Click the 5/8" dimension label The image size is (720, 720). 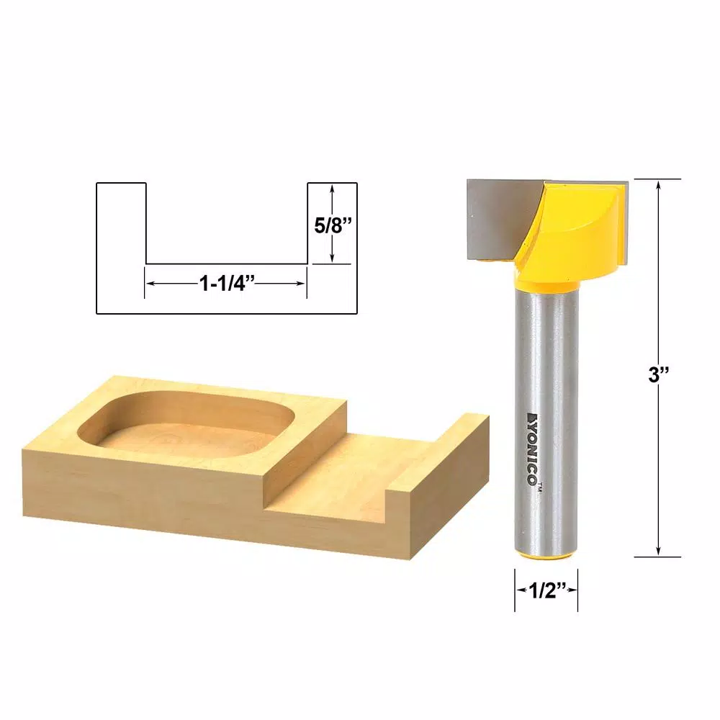tap(332, 224)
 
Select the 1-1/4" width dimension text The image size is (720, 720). tap(225, 283)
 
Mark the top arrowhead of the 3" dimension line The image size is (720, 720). tap(659, 184)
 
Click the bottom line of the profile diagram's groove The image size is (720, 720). tap(227, 264)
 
